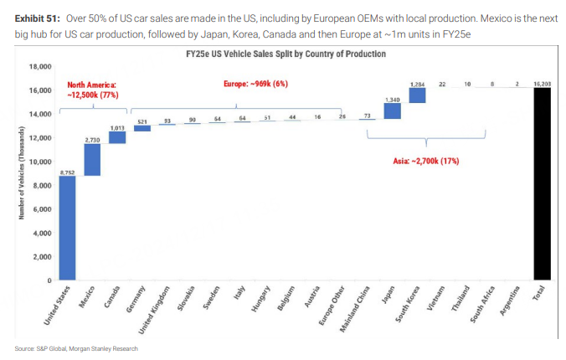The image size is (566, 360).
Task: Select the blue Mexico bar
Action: [x=92, y=159]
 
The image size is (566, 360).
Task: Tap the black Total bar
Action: [x=542, y=184]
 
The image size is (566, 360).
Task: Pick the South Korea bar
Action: [x=417, y=95]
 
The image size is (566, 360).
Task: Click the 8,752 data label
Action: [x=67, y=172]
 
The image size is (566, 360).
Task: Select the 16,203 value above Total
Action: [x=542, y=85]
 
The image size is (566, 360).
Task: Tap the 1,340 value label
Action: [x=392, y=100]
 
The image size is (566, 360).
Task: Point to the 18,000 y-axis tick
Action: [x=41, y=66]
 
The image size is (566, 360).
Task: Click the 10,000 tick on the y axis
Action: [x=41, y=161]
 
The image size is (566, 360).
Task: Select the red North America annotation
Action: [x=92, y=90]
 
